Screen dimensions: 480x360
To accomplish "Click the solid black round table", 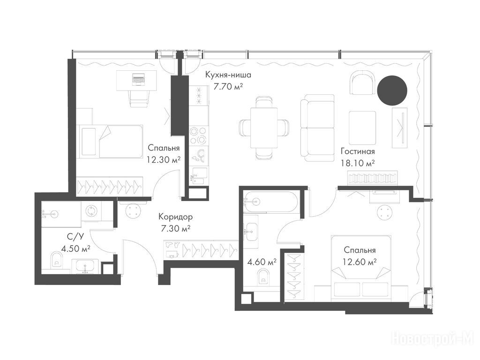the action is [x=392, y=90].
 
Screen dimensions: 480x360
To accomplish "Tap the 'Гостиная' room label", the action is [x=358, y=151].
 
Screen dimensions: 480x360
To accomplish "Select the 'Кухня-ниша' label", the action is [x=228, y=75].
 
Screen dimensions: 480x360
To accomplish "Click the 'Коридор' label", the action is [x=175, y=217].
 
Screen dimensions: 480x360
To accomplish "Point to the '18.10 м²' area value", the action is [x=358, y=163].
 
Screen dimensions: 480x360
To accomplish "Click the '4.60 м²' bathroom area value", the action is [x=262, y=262].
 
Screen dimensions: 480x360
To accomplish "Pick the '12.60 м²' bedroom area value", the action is [x=360, y=262].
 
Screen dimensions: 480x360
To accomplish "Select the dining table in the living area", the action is [x=264, y=127].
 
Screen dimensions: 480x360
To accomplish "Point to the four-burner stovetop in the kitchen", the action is [x=198, y=135].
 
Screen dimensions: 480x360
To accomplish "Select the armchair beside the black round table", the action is [x=362, y=82].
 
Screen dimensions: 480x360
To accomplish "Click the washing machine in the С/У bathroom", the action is [x=91, y=211].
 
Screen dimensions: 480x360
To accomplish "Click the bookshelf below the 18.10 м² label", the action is [x=373, y=178].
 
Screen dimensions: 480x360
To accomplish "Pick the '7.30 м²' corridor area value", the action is [x=175, y=229].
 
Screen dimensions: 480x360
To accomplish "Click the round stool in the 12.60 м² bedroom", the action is [x=384, y=212].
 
